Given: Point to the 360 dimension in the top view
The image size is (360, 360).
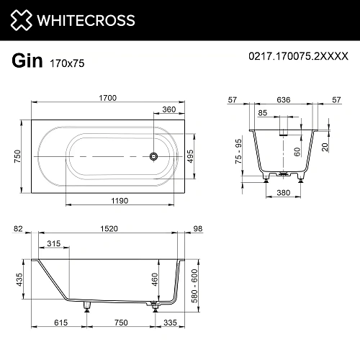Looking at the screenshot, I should coord(168,109).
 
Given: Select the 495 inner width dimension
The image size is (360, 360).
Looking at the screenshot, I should coord(191,156).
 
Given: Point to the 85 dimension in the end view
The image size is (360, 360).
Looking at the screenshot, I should coord(263,112).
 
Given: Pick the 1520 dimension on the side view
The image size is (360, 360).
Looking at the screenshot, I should coord(109,230).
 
